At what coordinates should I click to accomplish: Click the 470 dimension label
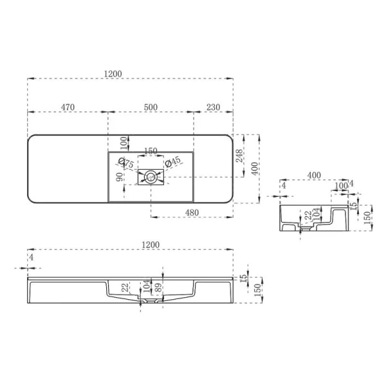coord(68,107)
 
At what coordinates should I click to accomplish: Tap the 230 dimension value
coord(214,107)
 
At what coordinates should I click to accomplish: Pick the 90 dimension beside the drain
coord(120,177)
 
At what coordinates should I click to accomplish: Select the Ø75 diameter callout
coord(127,165)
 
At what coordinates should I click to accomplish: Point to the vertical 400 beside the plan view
coord(255,169)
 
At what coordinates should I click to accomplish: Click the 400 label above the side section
coord(315,175)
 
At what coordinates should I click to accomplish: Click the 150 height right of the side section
coord(367,217)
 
